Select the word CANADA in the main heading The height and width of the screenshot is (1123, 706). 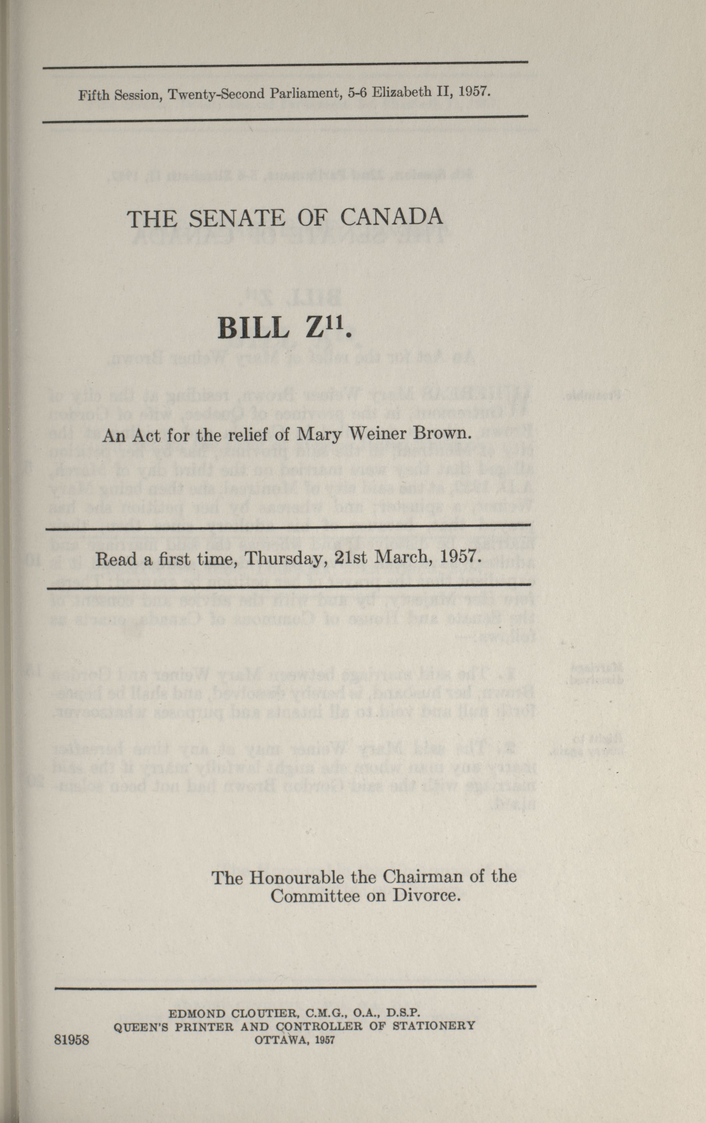[x=392, y=218]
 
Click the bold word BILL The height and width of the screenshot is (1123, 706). [x=253, y=329]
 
